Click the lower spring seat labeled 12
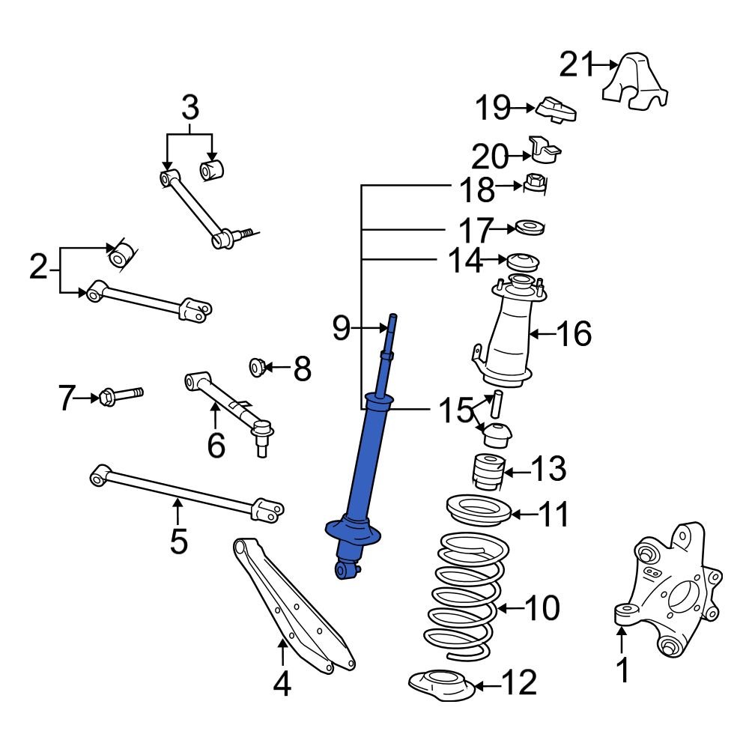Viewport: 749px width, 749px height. [442, 685]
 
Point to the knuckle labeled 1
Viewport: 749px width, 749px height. [670, 592]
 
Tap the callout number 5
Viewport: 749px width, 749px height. [178, 541]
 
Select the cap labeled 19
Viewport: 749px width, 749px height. [557, 109]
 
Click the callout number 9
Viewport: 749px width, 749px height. [341, 327]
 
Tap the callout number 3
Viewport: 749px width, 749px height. [190, 108]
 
